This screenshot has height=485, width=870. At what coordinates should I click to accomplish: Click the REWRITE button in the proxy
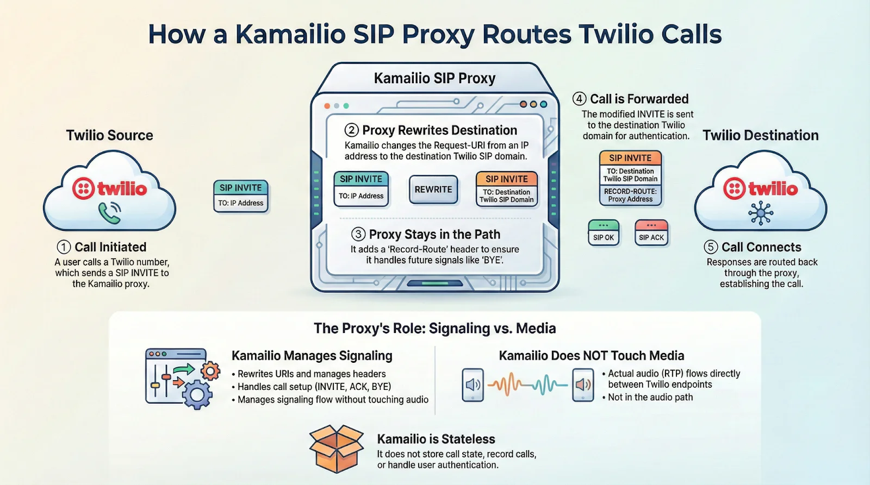(x=433, y=190)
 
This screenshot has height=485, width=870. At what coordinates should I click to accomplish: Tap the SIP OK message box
(x=604, y=233)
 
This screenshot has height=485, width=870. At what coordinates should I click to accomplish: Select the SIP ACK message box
(x=651, y=233)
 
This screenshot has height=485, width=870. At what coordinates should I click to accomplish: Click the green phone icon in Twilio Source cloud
(x=110, y=213)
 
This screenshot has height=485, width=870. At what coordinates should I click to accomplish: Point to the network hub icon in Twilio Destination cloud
(x=761, y=213)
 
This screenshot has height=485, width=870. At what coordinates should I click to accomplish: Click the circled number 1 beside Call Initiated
(x=64, y=247)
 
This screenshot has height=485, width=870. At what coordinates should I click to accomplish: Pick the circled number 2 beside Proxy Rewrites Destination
(x=352, y=130)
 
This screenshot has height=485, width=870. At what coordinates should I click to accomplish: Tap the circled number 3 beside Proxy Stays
(x=358, y=235)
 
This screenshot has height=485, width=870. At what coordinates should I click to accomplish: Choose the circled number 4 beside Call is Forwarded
(x=580, y=99)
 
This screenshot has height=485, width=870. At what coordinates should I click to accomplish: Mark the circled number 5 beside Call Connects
(x=711, y=247)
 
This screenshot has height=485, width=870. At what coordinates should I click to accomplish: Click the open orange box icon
(x=337, y=449)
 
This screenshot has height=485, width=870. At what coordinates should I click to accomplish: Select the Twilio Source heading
(x=110, y=135)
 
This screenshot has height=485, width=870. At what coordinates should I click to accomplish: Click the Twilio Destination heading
(x=760, y=135)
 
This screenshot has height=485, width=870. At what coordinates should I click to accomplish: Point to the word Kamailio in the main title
(x=290, y=34)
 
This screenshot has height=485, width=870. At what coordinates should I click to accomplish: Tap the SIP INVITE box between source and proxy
(x=241, y=195)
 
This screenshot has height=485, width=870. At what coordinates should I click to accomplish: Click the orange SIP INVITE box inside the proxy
(x=507, y=188)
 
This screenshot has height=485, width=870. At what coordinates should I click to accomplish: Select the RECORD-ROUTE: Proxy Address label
(x=630, y=196)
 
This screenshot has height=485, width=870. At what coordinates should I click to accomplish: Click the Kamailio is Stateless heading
(x=436, y=439)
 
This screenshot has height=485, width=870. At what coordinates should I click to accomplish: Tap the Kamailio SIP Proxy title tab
(x=434, y=78)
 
